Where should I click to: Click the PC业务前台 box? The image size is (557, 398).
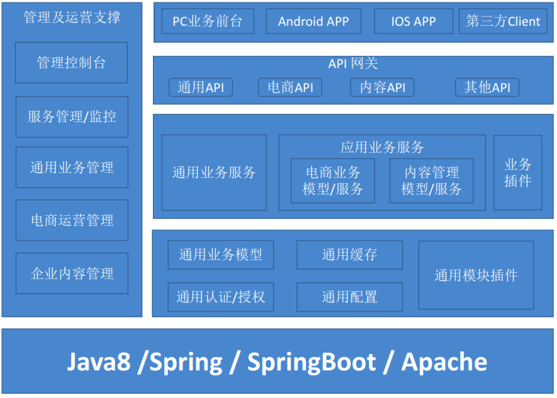pos(208,21)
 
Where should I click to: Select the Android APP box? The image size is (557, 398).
pos(313,21)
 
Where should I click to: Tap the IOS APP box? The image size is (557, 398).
pos(413,21)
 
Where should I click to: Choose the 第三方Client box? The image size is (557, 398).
pos(503,21)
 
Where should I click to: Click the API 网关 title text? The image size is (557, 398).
pos(353,64)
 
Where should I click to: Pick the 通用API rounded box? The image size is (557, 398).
pos(201,87)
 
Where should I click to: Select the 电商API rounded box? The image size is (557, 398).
pos(290,87)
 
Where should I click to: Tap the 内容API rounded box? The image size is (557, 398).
pos(382,87)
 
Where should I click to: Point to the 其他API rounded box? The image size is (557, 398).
pos(487,87)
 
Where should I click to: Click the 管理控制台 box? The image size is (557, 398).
pos(71,63)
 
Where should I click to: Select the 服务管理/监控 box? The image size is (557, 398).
pos(72,117)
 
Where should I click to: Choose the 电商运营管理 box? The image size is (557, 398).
pos(72,220)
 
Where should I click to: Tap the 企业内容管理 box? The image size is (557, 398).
pos(72,274)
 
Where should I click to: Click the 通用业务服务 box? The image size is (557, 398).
pos(214,172)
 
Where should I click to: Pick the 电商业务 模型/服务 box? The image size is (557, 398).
pos(333,181)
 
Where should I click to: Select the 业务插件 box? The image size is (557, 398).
pos(518,173)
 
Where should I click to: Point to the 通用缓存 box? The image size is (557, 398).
pos(349,255)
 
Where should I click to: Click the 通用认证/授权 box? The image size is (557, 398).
pos(220,297)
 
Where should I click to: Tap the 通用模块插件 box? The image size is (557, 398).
pos(476,275)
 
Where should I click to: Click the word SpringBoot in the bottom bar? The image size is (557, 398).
pos(311,362)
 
